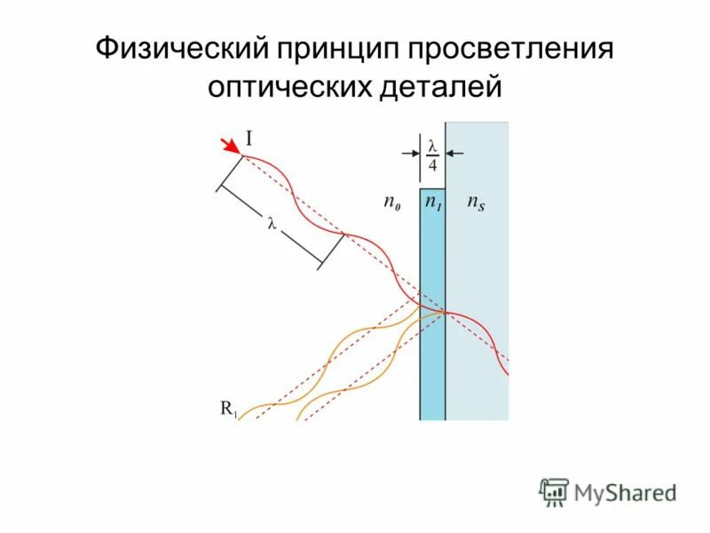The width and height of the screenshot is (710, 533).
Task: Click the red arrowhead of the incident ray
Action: pos(230,146)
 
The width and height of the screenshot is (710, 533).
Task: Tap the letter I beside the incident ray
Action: pos(249,139)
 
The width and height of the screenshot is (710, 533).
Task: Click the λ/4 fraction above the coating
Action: pos(432,155)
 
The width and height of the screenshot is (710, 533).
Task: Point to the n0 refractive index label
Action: pos(390,203)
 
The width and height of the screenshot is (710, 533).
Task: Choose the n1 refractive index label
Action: pos(432,203)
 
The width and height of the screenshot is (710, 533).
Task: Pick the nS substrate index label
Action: pos(476,203)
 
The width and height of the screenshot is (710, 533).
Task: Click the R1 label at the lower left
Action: pos(228,410)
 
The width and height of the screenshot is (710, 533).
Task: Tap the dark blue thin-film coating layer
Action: pos(432,355)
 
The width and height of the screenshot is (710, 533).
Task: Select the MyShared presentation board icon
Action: pos(554,491)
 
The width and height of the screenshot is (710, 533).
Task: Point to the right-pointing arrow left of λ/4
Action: pos(411,154)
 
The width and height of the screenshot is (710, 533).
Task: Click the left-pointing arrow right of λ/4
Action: pos(454,154)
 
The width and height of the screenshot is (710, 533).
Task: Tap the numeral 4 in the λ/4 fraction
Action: pos(432,165)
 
